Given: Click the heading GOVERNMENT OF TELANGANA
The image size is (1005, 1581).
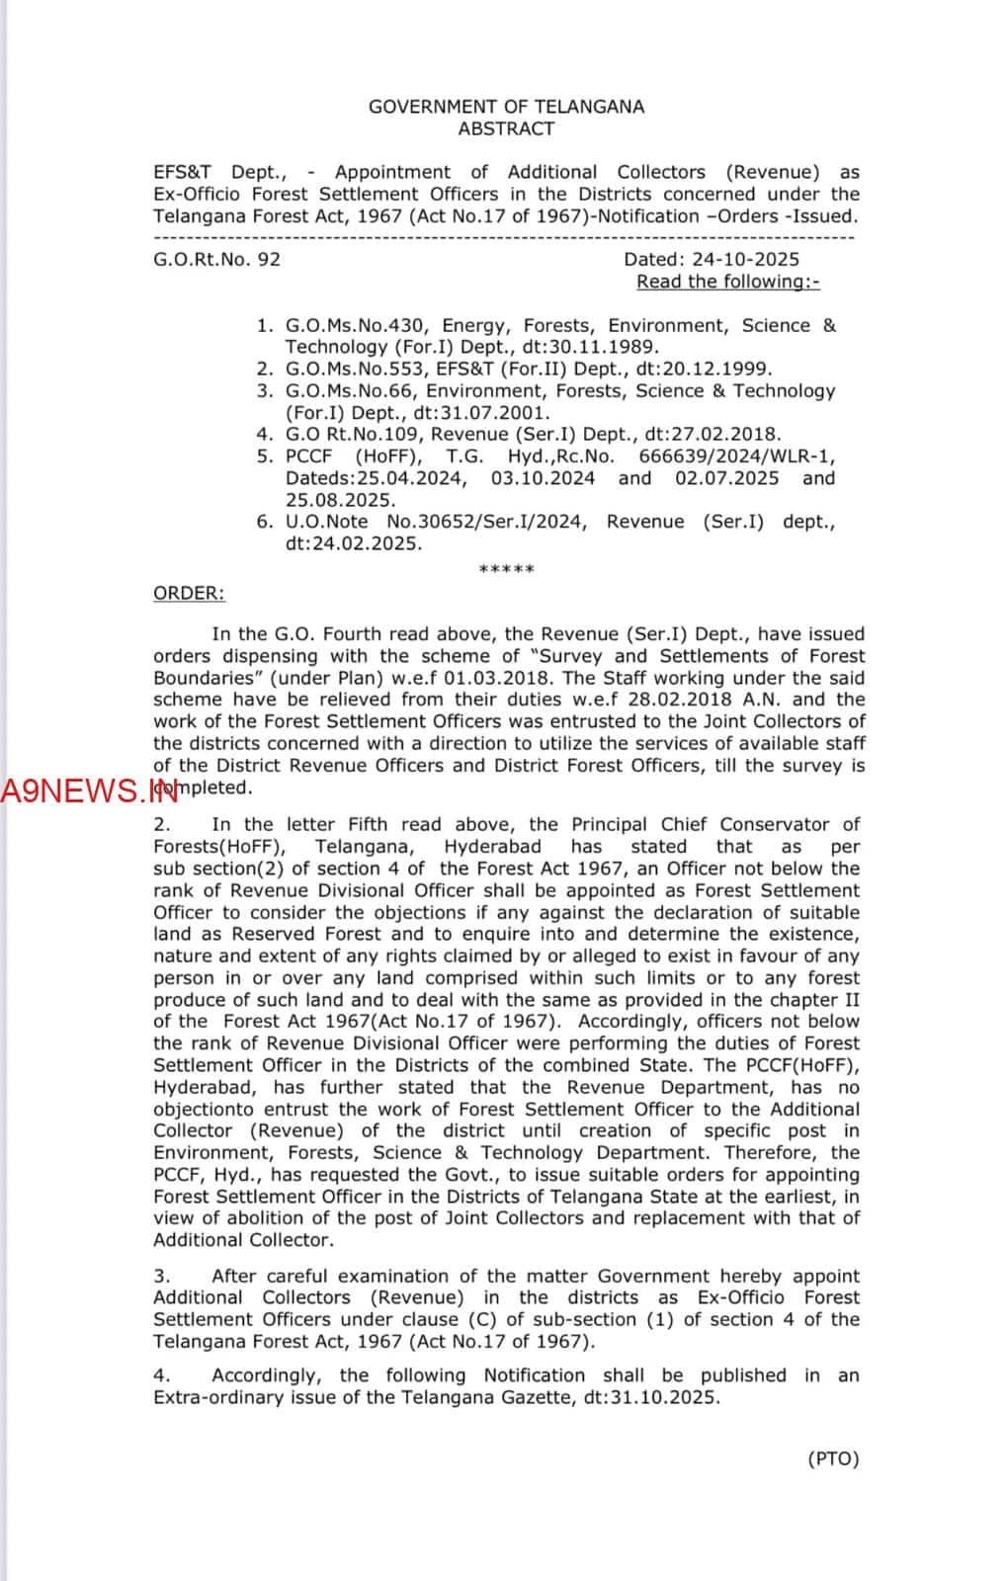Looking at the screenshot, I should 506,107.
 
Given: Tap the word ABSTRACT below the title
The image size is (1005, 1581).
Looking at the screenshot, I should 506,128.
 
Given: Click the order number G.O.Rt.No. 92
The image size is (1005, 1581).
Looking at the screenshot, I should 216,260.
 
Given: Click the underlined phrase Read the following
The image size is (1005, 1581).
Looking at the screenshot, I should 727,282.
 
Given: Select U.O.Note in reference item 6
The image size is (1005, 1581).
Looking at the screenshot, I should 326,522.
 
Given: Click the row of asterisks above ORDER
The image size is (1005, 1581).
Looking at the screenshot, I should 506,570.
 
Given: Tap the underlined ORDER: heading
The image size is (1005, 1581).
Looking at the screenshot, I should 189,593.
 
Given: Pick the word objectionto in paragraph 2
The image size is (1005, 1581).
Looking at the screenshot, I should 209,1110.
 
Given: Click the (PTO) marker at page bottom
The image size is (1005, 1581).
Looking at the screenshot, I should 833,1458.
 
